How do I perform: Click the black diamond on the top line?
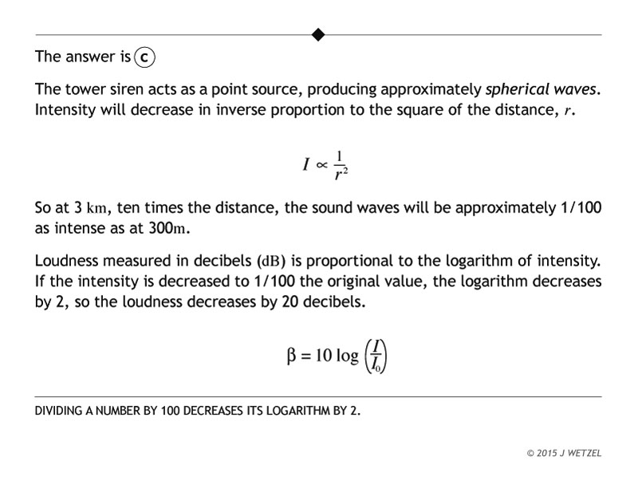(x=318, y=34)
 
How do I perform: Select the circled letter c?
(x=144, y=58)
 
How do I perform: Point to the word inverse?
(x=244, y=108)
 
